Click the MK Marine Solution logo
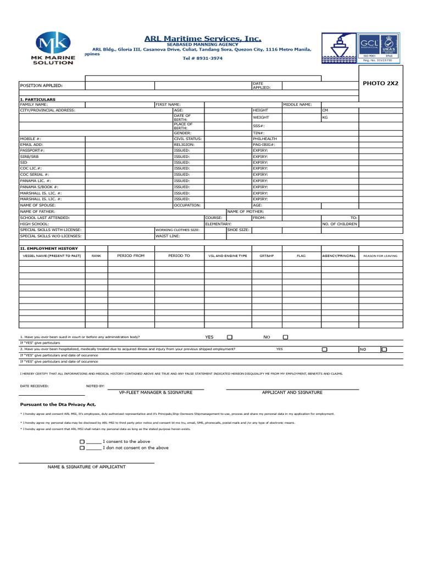click(x=53, y=48)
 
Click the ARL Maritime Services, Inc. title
click(x=203, y=38)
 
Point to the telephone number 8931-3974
click(x=203, y=58)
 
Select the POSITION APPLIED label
click(x=41, y=86)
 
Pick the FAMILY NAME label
click(x=34, y=104)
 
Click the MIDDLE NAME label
click(x=298, y=104)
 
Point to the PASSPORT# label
click(x=32, y=150)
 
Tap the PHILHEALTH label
click(x=265, y=139)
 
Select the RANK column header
click(x=96, y=256)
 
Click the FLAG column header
click(x=301, y=256)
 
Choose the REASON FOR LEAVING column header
click(x=380, y=256)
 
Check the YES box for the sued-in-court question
click(x=230, y=337)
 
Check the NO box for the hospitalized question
click(x=384, y=349)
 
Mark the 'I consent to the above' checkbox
click(x=82, y=441)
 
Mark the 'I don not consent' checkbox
click(x=82, y=448)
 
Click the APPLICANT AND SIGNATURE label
click(x=292, y=392)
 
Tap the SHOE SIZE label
click(x=238, y=230)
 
